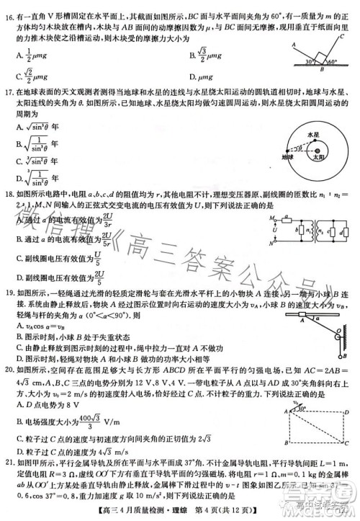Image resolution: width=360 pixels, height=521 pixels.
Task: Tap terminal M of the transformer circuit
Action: pyautogui.click(x=272, y=218)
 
